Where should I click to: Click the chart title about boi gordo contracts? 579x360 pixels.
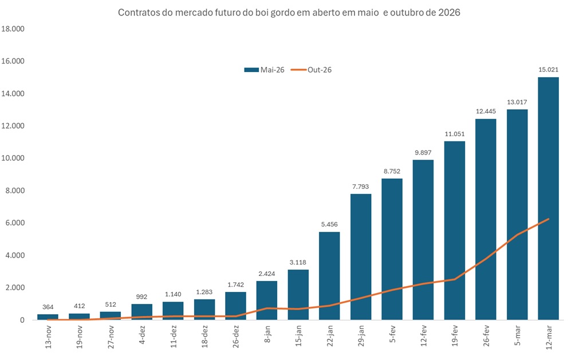tap(289, 13)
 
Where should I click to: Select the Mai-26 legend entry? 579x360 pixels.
tap(264, 70)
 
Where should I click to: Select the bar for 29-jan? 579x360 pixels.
tap(361, 257)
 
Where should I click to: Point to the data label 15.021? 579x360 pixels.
tap(548, 70)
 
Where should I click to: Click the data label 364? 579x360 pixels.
tap(48, 307)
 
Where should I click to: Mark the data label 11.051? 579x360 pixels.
tap(454, 134)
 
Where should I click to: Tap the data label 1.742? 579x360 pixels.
tap(235, 284)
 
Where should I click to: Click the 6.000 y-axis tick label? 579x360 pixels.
tap(15, 223)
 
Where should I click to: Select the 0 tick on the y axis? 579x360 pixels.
tap(22, 320)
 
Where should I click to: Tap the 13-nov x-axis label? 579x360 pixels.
tap(49, 338)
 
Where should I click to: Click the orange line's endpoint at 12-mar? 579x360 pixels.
tap(548, 219)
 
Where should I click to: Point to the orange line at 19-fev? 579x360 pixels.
tap(454, 279)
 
